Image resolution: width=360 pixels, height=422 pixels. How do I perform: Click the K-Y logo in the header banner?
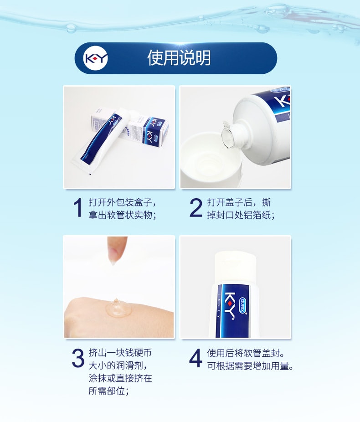[x=96, y=58]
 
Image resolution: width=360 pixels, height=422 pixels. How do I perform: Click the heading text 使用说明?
[x=179, y=58]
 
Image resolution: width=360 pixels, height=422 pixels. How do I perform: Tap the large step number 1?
[x=78, y=207]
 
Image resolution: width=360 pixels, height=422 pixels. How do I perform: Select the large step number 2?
[x=195, y=207]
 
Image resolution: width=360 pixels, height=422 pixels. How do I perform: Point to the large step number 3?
[x=78, y=358]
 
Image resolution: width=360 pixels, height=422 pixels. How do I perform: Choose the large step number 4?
[x=195, y=358]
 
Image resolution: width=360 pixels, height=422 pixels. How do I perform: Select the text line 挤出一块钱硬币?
[x=120, y=353]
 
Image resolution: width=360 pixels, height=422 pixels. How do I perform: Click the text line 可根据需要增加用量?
[x=250, y=366]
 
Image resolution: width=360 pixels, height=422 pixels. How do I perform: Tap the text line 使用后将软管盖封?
[x=246, y=353]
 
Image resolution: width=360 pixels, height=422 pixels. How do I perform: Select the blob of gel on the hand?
[x=118, y=308]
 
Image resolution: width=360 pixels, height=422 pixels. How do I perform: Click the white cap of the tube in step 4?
[x=236, y=267]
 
